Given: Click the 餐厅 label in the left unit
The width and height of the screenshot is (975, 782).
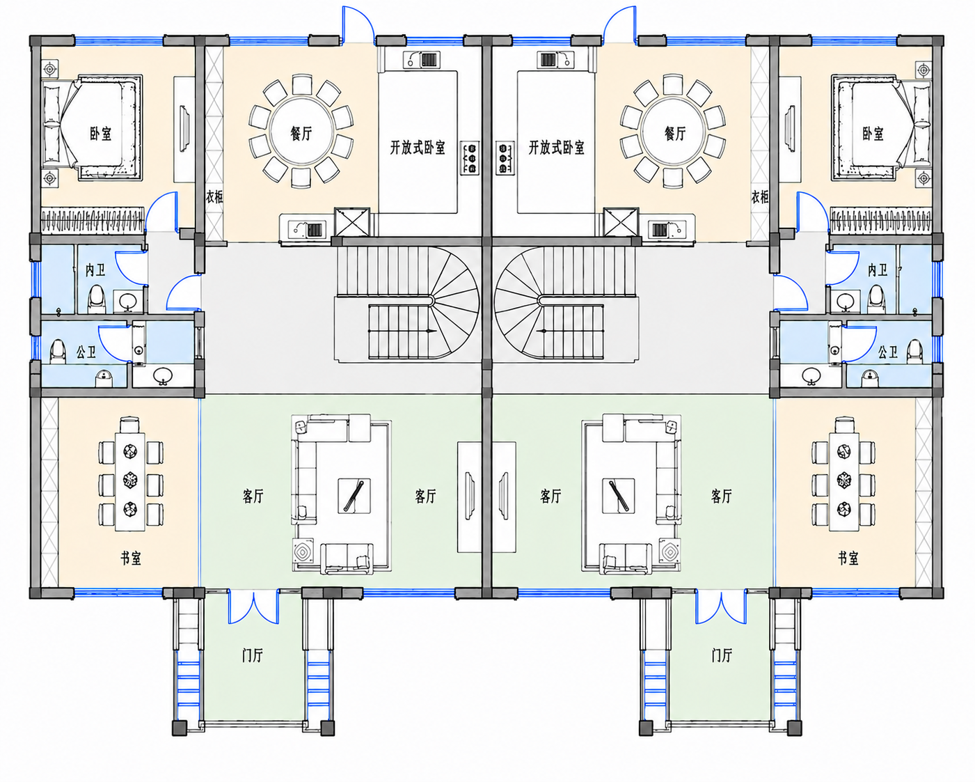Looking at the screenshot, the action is (301, 133).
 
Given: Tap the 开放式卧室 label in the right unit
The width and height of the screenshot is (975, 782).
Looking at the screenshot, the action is (556, 148).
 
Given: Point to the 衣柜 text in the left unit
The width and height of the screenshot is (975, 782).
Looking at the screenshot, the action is (214, 197).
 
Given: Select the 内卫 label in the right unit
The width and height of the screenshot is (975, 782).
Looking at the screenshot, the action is (878, 270).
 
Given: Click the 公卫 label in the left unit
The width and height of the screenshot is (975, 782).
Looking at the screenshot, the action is (86, 352).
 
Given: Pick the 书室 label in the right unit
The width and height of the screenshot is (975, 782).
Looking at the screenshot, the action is (848, 558).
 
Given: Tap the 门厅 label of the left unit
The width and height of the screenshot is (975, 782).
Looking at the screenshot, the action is (252, 655).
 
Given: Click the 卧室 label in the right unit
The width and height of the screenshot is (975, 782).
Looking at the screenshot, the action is (873, 133).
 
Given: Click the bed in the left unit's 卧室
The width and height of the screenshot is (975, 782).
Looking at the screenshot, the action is (93, 128).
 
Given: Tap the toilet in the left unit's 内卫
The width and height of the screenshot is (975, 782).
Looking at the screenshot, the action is (96, 299).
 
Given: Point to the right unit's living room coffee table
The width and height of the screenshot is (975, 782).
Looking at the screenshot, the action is (619, 496).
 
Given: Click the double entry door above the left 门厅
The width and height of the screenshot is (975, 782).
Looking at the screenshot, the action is (253, 607).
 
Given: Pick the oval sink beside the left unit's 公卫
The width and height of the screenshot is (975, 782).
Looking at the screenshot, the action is (163, 375).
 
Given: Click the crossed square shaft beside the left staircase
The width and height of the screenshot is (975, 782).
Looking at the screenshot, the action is (352, 222).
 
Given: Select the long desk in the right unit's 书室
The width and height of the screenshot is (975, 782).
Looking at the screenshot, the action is (843, 482).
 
